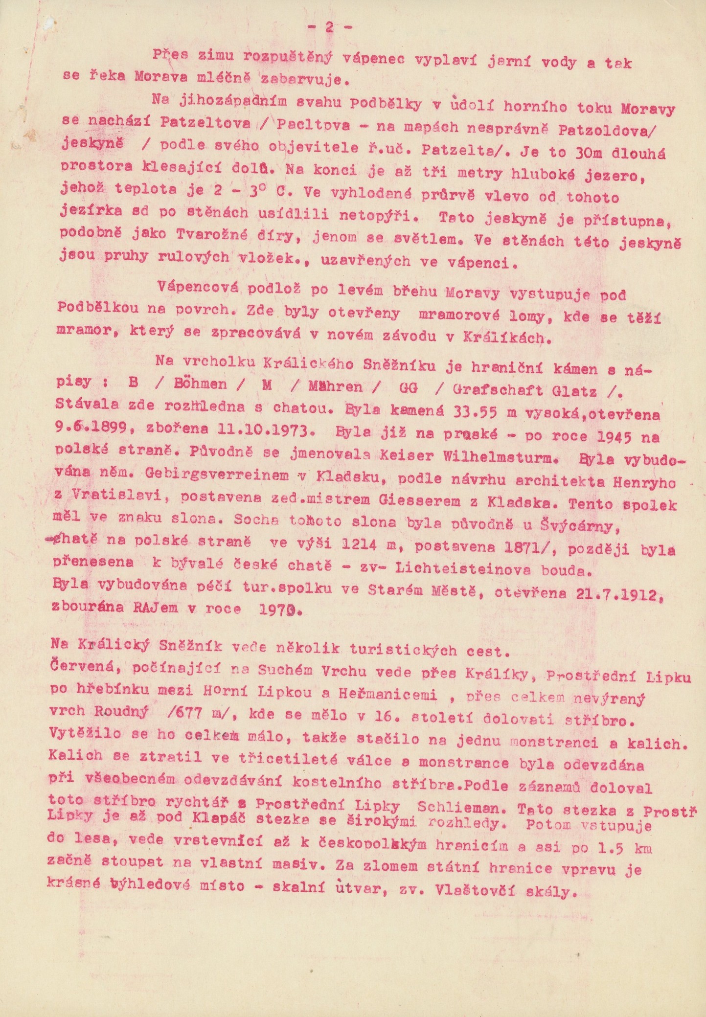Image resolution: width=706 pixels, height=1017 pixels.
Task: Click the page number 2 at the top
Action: [328, 28]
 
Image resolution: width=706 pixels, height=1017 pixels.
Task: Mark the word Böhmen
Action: [200, 384]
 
